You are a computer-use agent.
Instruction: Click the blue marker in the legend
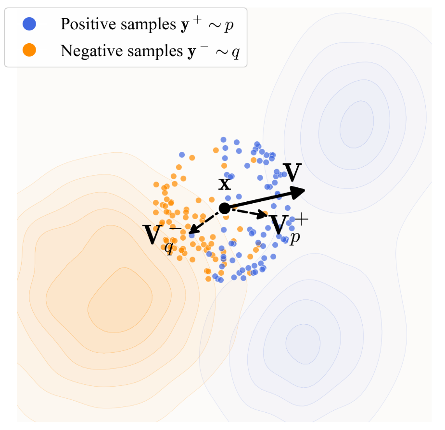(29, 24)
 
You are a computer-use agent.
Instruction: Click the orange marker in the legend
(29, 50)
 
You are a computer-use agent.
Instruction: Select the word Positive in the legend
(89, 24)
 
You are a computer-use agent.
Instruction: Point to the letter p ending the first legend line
(229, 26)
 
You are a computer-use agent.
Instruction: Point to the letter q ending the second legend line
(236, 53)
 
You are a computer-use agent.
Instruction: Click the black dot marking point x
(224, 209)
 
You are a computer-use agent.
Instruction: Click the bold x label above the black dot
(225, 184)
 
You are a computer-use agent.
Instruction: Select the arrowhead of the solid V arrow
(298, 192)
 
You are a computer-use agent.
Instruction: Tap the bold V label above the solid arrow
(292, 172)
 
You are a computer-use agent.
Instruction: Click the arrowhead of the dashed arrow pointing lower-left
(193, 230)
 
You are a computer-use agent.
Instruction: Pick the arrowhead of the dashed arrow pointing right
(262, 215)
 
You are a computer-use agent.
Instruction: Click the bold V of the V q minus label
(153, 234)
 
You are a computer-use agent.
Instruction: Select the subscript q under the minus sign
(169, 247)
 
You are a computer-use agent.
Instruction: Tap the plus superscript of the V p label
(301, 220)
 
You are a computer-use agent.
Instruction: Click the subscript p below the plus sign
(295, 237)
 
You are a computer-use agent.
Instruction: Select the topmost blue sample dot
(223, 139)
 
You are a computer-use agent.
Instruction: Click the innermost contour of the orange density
(120, 300)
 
